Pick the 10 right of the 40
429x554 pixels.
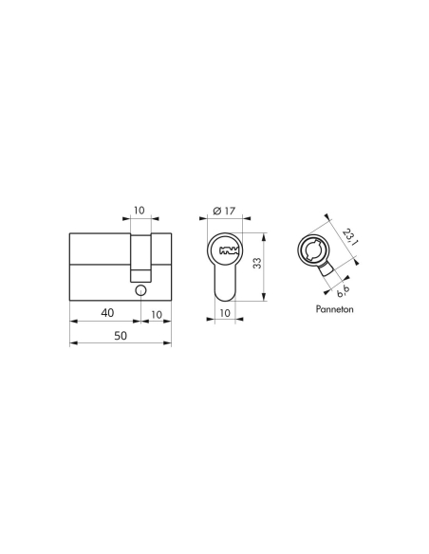tap(156, 314)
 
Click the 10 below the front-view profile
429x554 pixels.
tap(225, 312)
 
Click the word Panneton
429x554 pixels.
tap(331, 310)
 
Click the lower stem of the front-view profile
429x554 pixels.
tap(226, 285)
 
